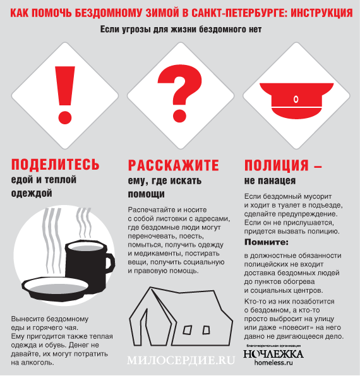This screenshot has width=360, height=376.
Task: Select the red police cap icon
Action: [295, 96]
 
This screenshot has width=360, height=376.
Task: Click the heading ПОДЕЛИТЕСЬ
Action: [56, 165]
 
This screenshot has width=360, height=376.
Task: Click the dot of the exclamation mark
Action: [61, 117]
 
